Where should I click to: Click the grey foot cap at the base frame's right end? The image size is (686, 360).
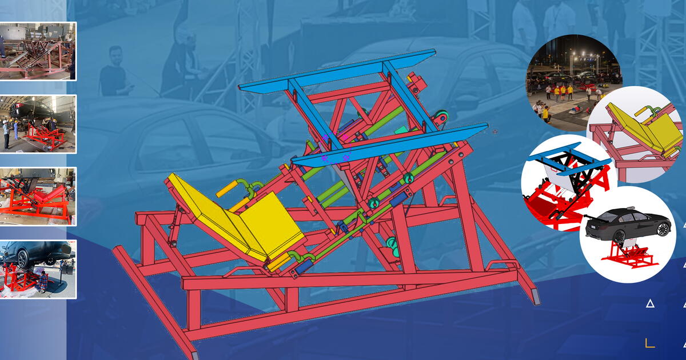point(536,295)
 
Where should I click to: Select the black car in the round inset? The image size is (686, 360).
point(628,223)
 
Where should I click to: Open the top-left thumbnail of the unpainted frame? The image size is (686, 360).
point(38,51)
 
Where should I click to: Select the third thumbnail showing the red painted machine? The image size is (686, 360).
point(38,195)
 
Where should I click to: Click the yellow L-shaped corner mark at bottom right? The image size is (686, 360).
point(649,343)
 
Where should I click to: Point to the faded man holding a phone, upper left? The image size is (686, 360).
point(114,71)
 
